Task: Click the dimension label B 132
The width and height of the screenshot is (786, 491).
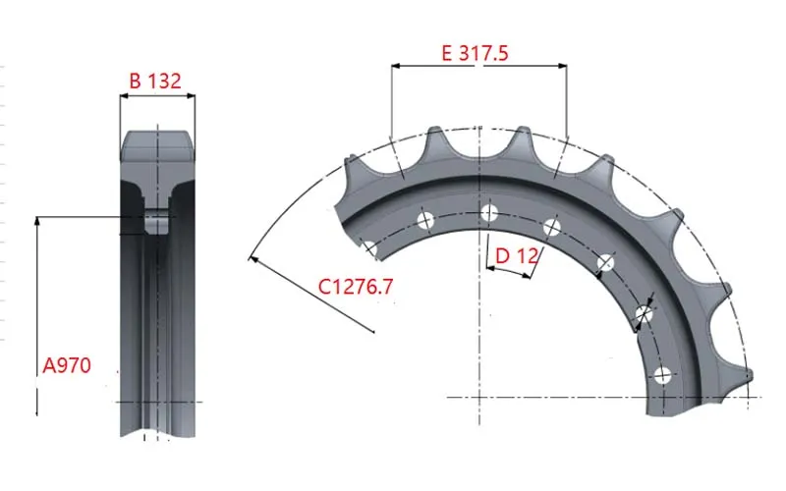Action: coord(155,81)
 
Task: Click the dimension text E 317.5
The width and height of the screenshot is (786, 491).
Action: coord(475,53)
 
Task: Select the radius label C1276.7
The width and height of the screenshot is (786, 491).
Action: coord(356,287)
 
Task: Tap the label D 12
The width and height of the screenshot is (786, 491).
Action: coord(517,256)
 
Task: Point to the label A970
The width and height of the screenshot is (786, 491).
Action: coord(67,365)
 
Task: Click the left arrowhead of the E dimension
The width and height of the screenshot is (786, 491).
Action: coord(396,65)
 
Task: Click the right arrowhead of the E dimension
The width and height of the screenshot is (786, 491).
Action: coord(562,65)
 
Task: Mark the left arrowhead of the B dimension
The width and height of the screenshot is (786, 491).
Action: coord(125,95)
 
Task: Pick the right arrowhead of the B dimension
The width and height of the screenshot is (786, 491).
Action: coord(190,95)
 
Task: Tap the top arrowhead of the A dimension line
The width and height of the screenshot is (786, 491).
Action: coord(36,222)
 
